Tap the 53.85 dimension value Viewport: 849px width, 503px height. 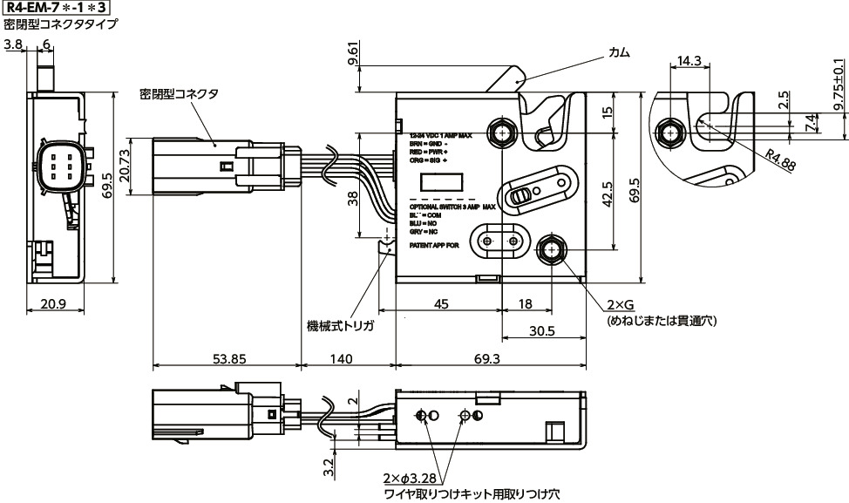[x=226, y=358]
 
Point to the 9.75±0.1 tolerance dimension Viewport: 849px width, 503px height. [x=839, y=84]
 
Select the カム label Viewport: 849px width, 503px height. [x=620, y=53]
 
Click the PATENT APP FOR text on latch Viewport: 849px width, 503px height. [x=434, y=247]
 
